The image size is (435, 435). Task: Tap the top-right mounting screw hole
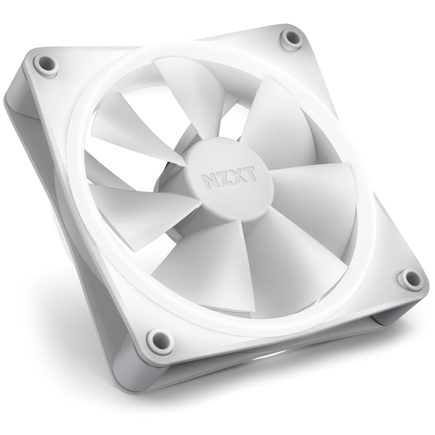[291, 40]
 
